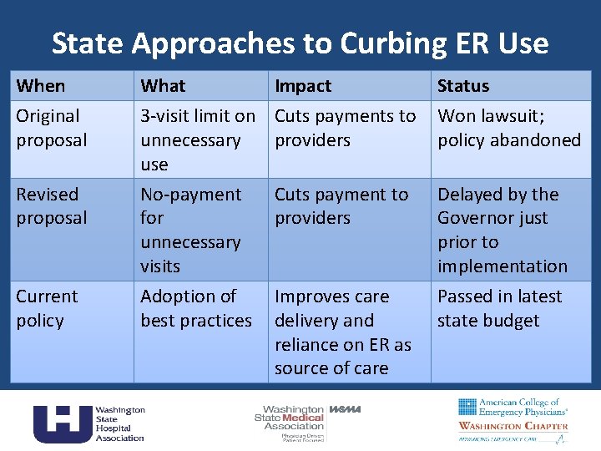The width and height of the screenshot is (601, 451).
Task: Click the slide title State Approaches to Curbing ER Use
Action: pos(300,43)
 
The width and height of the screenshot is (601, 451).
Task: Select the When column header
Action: pos(41,86)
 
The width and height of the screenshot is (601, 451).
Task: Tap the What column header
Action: pos(164,86)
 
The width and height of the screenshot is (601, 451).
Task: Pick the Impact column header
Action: pos(303,86)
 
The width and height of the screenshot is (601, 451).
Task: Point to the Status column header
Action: pos(463,86)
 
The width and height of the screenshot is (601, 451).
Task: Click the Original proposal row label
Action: pos(52,128)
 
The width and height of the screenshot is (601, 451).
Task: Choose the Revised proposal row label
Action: pos(52,205)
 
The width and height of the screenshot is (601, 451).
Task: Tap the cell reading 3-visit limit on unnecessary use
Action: pos(198,140)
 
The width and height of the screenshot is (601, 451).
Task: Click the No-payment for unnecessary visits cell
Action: pos(191,230)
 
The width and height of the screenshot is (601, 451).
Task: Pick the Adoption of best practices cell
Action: pos(196,307)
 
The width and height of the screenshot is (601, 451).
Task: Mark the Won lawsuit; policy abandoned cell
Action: pos(509,128)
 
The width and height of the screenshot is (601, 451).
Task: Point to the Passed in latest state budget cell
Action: pos(499,307)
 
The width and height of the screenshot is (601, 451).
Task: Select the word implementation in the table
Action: pos(503,266)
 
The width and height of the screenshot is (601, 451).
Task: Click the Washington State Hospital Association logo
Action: pos(89,423)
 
